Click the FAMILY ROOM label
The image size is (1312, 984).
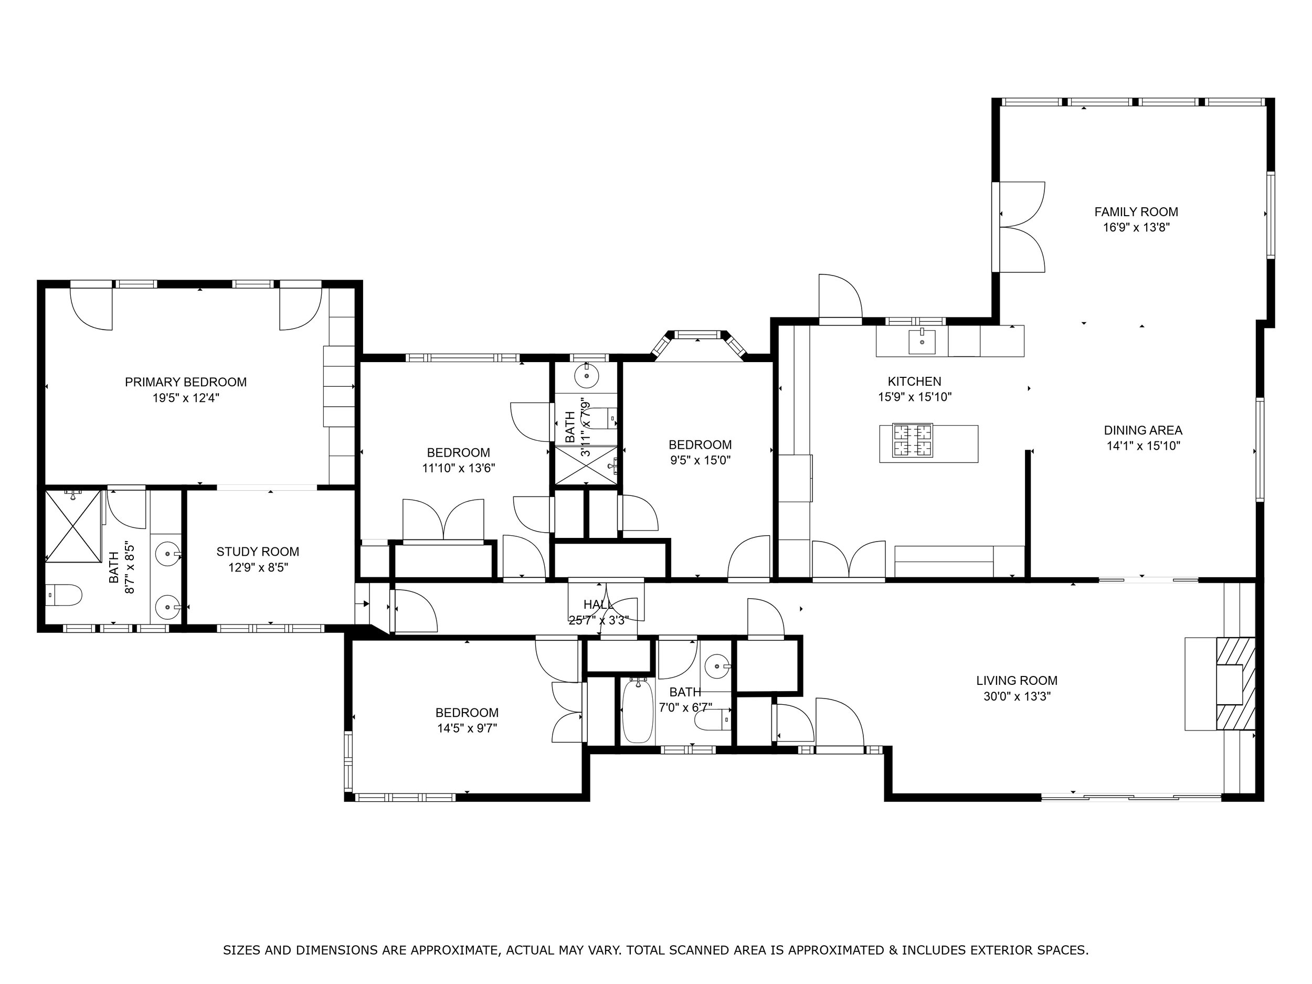[x=1136, y=211]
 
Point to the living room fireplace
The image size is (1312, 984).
[x=1235, y=683]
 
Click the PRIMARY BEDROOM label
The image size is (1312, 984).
[x=186, y=382]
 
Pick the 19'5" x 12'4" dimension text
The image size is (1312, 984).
[x=186, y=398]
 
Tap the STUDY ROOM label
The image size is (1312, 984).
[x=258, y=552]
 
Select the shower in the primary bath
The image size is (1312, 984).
[x=73, y=525]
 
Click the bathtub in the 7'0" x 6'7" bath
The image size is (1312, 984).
[x=638, y=711]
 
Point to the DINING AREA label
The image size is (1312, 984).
[x=1143, y=430]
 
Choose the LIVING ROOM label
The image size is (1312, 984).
[x=1017, y=680]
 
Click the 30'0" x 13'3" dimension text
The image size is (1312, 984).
[x=1017, y=696]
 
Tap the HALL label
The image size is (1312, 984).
[x=598, y=605]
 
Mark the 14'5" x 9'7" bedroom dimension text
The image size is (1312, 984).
[x=467, y=728]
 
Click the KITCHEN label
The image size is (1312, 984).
[x=914, y=382]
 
